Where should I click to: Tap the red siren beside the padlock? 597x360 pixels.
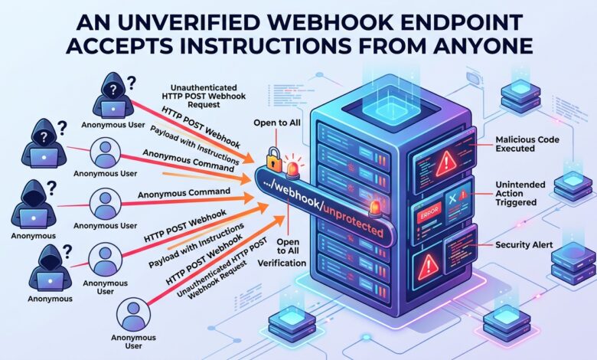pyautogui.click(x=293, y=168)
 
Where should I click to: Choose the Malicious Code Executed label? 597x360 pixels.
pyautogui.click(x=527, y=144)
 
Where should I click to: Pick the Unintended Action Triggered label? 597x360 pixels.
pyautogui.click(x=520, y=193)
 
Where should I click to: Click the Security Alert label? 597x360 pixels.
pyautogui.click(x=524, y=245)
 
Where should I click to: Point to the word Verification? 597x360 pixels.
pyautogui.click(x=282, y=263)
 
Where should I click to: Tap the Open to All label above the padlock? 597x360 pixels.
pyautogui.click(x=277, y=123)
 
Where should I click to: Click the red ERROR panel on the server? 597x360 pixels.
pyautogui.click(x=429, y=213)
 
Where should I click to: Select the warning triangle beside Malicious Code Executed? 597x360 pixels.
pyautogui.click(x=446, y=163)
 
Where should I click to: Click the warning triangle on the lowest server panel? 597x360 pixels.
pyautogui.click(x=428, y=263)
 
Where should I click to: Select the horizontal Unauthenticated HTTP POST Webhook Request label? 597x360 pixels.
pyautogui.click(x=204, y=96)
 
